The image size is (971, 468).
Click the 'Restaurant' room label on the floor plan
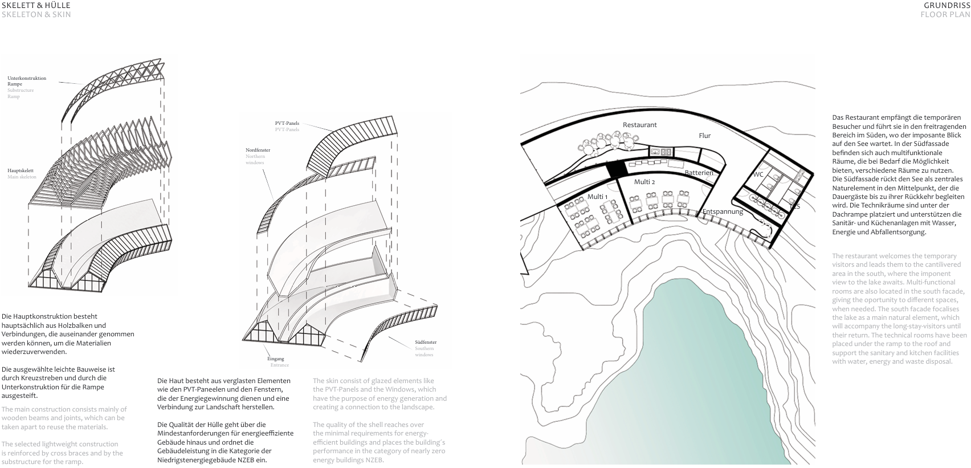coord(639,125)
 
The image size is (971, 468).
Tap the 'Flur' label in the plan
coord(705,136)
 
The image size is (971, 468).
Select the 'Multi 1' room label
coord(597,197)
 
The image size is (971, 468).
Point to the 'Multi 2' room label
coord(644,182)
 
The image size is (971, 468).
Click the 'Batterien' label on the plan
coord(699,173)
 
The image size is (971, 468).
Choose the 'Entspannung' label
coord(723,211)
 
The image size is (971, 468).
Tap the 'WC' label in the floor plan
coord(758,174)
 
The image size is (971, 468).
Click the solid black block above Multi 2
coord(616,169)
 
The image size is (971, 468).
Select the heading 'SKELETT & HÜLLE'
coord(36,6)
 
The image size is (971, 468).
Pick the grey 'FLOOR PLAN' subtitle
coord(945,14)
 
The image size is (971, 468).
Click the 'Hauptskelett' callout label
coord(21,170)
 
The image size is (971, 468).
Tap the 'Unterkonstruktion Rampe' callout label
coord(27,81)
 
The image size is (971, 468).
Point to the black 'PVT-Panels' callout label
coord(287,123)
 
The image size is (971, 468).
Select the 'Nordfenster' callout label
coord(258,150)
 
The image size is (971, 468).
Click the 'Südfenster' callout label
coord(426,342)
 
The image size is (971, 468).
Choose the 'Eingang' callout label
coord(276,359)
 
